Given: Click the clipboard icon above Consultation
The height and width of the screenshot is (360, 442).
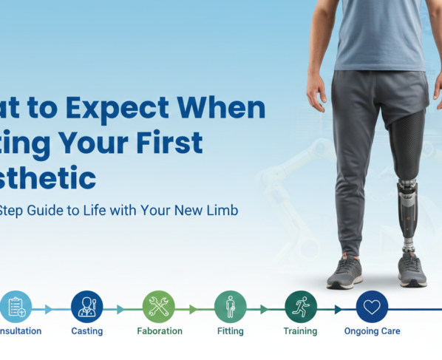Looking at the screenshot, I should pos(16,305).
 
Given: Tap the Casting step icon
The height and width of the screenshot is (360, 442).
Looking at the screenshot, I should pos(87,305).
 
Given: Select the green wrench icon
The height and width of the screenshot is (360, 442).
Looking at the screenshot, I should pos(158,305).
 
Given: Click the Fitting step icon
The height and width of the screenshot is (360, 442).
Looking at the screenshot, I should pos(230,305).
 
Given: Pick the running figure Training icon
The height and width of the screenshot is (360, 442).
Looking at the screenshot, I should pos(301,305).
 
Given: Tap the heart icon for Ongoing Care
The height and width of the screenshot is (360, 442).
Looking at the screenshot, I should pos(372,305).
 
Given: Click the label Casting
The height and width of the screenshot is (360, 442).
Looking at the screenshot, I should pos(87,331).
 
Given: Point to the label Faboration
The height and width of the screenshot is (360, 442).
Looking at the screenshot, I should pos(159,331).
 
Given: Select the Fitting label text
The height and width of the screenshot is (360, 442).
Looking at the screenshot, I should pos(230,331).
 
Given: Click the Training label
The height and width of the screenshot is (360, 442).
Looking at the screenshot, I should pos(300,331).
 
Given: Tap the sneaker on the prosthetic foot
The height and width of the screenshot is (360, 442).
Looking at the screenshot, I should pos(412,271).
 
